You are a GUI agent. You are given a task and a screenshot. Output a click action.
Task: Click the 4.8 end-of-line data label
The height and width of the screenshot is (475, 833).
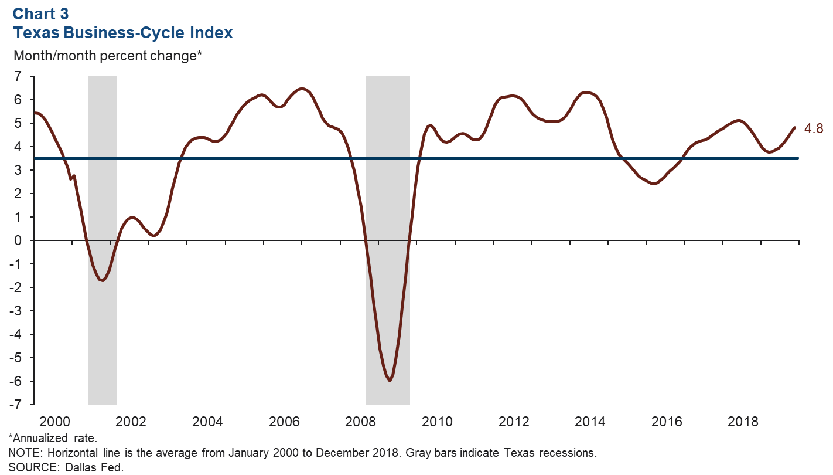click(x=815, y=129)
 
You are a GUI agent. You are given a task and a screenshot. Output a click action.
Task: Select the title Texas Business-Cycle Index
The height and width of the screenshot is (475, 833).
click(x=123, y=33)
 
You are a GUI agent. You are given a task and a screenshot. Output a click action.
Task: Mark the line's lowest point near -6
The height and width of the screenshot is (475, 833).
click(x=390, y=381)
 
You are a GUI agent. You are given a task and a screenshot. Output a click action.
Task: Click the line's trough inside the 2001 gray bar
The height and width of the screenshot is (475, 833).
click(x=103, y=280)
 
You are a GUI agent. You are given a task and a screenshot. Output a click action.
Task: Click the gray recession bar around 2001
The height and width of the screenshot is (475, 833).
click(x=103, y=176)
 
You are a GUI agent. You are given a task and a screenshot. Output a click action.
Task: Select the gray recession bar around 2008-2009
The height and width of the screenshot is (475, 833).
click(x=387, y=176)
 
